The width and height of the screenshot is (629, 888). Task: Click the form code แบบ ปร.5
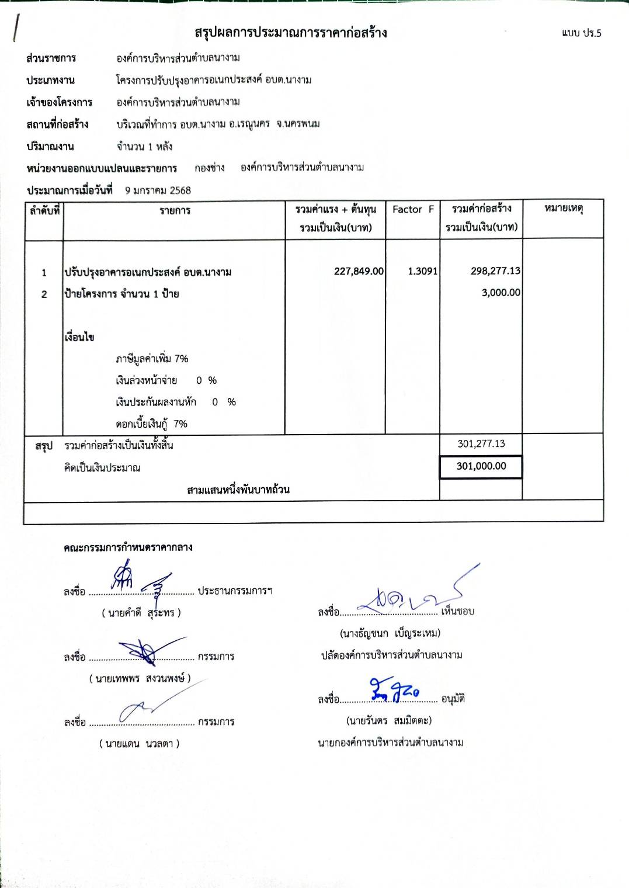[581, 33]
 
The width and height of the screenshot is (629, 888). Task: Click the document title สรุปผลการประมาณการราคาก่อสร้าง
[291, 33]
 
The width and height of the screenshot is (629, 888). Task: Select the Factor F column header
[413, 210]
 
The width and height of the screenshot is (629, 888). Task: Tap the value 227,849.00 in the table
[359, 271]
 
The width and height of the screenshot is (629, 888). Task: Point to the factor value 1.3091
[422, 271]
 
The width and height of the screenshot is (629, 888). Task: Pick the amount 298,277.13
[495, 271]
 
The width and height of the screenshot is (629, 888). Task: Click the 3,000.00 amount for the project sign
[501, 293]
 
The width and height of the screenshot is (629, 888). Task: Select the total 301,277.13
[481, 444]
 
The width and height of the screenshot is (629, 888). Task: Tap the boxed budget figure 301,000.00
[481, 466]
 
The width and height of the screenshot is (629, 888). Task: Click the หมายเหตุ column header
[563, 209]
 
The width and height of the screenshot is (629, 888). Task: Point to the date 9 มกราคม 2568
[158, 190]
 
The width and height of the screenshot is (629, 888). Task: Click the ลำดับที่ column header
[44, 211]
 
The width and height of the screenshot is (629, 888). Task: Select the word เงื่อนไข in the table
[79, 337]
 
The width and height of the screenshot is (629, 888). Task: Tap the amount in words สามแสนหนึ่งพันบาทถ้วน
[238, 490]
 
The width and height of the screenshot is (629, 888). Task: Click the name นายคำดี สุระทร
[141, 613]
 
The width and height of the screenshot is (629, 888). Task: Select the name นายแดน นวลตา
[139, 744]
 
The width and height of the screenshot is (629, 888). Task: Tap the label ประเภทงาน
[50, 80]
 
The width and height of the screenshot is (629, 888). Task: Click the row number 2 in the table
[44, 294]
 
